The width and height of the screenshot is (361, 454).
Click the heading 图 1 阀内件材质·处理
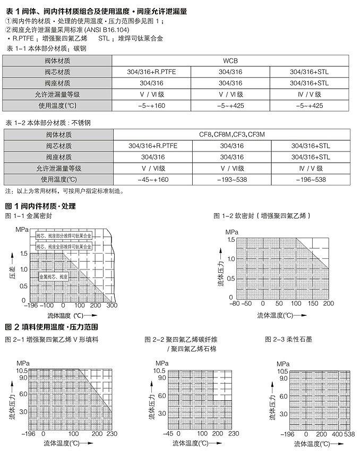click(x=40, y=206)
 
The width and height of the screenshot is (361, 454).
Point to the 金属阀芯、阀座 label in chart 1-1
click(x=54, y=278)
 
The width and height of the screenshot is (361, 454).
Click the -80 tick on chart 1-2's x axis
click(x=233, y=304)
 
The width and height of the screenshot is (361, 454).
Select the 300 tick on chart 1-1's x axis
click(x=111, y=306)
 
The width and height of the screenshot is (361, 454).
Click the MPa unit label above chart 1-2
click(x=232, y=232)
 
